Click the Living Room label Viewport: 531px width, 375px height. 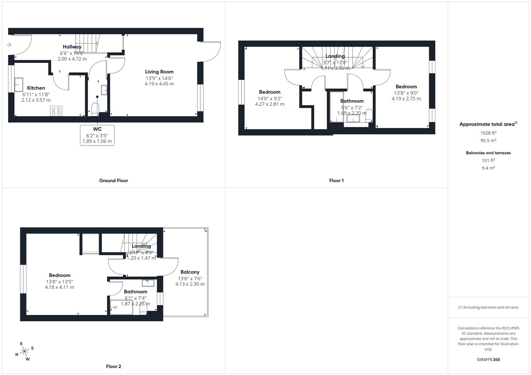click(159, 72)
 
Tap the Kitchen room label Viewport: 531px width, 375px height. click(36, 88)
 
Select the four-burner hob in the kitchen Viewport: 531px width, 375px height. click(56, 111)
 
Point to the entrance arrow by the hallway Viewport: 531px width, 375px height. click(9, 45)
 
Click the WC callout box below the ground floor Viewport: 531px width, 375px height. click(97, 135)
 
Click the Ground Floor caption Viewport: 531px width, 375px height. click(114, 181)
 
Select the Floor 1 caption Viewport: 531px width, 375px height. click(336, 181)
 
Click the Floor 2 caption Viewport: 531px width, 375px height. click(114, 366)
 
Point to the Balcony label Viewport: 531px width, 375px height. click(190, 272)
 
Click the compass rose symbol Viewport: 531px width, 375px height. click(24, 351)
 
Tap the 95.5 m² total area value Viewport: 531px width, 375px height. click(488, 141)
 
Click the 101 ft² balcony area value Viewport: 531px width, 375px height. click(488, 160)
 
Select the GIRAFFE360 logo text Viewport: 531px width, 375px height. click(488, 360)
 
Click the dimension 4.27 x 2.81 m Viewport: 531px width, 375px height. click(269, 104)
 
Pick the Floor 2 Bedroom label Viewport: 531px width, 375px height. click(59, 275)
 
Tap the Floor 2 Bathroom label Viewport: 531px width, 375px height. click(136, 292)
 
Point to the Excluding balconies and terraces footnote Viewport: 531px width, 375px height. click(488, 307)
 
